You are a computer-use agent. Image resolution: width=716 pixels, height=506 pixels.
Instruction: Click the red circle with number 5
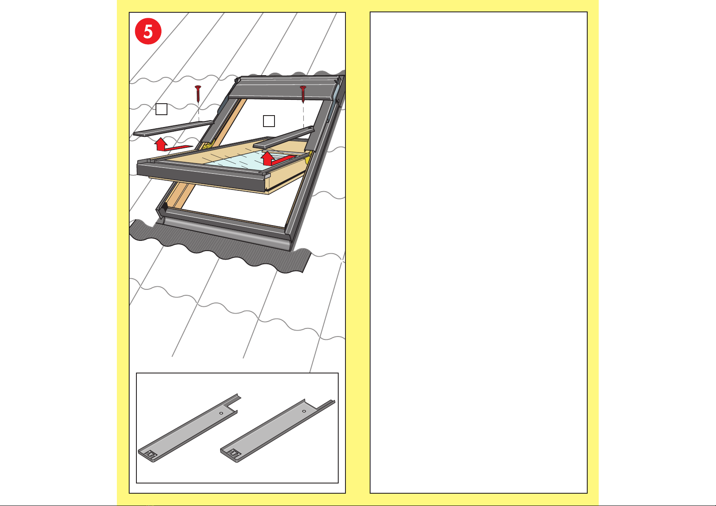[x=148, y=31]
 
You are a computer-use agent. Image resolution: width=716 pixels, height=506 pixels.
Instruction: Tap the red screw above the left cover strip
[x=198, y=93]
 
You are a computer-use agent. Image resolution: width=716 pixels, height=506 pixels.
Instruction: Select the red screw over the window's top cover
[x=303, y=94]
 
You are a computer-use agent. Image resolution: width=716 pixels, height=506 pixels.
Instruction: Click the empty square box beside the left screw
[x=161, y=109]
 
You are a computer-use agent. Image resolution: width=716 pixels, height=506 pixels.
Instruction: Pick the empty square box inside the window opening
[x=269, y=121]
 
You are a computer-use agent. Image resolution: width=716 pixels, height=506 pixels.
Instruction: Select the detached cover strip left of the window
[x=173, y=128]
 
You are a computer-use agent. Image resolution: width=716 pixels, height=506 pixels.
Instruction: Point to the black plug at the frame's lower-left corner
[x=164, y=207]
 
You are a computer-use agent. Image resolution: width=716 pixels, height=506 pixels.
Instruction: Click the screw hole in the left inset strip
[x=221, y=413]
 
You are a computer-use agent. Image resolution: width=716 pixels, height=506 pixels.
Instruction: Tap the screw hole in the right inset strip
[x=304, y=411]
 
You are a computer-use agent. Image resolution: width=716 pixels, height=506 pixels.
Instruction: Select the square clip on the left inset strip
[x=150, y=454]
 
